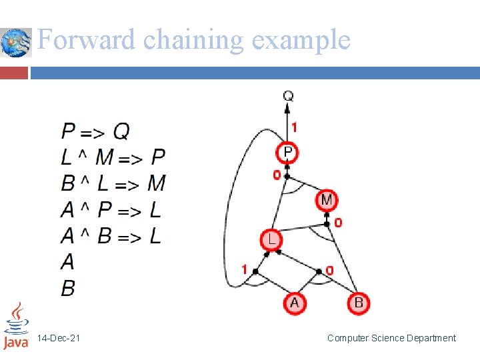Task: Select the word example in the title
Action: pyautogui.click(x=301, y=40)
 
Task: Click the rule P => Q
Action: pyautogui.click(x=95, y=131)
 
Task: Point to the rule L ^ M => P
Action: pyautogui.click(x=113, y=157)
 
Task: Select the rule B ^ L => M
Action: pyautogui.click(x=113, y=183)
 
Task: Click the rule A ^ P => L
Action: pyautogui.click(x=111, y=210)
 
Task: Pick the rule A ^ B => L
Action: pyautogui.click(x=111, y=235)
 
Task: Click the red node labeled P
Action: pyautogui.click(x=287, y=153)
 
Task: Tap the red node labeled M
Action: pyautogui.click(x=327, y=199)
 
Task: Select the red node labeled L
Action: pyautogui.click(x=271, y=239)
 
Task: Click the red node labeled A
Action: pyautogui.click(x=295, y=303)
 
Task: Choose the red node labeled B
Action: pyautogui.click(x=358, y=303)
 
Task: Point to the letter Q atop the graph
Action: pyautogui.click(x=288, y=96)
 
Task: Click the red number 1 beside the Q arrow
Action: pyautogui.click(x=295, y=126)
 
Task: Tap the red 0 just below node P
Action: pyautogui.click(x=276, y=175)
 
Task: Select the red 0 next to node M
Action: pyautogui.click(x=338, y=223)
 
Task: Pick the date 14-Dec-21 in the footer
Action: pyautogui.click(x=59, y=339)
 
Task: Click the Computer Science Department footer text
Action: pyautogui.click(x=391, y=339)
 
